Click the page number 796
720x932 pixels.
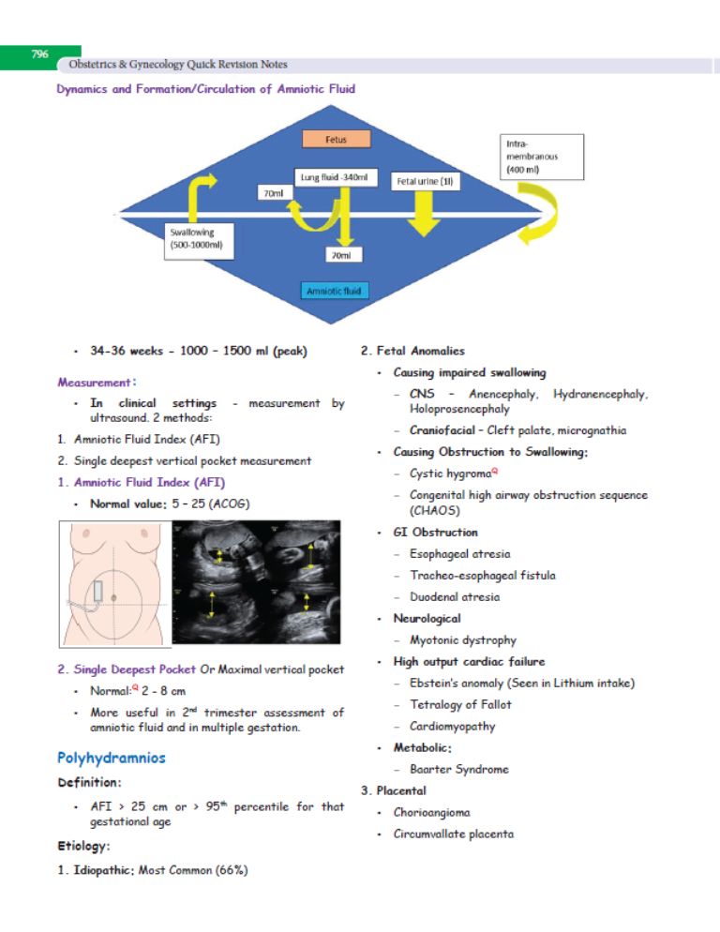(x=39, y=54)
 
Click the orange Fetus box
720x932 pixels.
(x=336, y=139)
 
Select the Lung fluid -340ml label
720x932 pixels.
(x=336, y=177)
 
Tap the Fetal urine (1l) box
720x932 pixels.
(x=425, y=181)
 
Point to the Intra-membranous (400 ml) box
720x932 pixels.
(x=542, y=157)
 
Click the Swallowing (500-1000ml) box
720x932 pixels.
(x=199, y=241)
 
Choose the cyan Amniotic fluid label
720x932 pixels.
(x=334, y=291)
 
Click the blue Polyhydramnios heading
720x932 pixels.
(x=112, y=758)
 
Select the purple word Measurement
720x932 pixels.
(x=94, y=383)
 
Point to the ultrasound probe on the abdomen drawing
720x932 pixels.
(x=98, y=592)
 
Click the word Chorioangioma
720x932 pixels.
(x=431, y=813)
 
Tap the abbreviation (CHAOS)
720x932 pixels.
(x=435, y=511)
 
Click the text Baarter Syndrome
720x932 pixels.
(x=459, y=769)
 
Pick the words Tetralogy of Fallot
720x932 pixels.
(x=460, y=705)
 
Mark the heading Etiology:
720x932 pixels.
(x=83, y=846)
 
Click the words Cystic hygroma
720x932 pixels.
(x=451, y=474)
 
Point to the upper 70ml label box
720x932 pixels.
(x=274, y=193)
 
